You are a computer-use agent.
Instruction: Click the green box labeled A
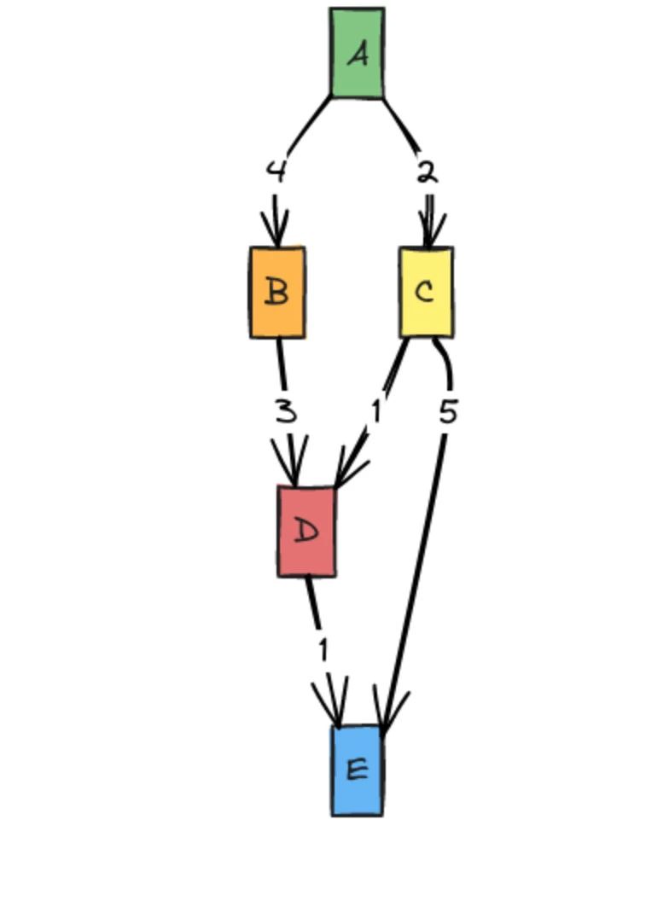[358, 53]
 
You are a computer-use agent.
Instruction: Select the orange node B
[277, 293]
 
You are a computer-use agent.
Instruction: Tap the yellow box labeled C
[427, 293]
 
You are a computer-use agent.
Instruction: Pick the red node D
[306, 532]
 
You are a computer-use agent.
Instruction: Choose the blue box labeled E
[358, 770]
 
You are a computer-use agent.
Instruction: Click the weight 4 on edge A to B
[276, 171]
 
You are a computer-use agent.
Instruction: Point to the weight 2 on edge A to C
[428, 171]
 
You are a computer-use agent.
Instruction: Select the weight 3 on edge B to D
[287, 412]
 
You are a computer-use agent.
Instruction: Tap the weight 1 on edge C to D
[375, 411]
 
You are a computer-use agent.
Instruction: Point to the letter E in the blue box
[358, 770]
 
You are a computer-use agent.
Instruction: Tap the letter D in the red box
[306, 532]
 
